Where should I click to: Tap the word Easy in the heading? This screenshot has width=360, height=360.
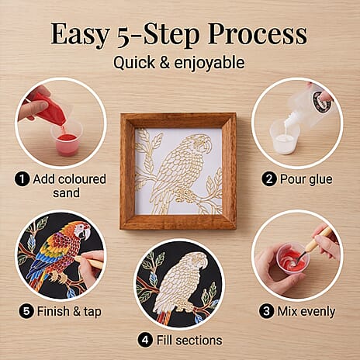click(80, 35)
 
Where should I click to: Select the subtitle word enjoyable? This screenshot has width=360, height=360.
click(209, 64)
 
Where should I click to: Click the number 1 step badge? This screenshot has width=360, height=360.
click(22, 179)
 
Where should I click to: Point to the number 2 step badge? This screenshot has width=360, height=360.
click(269, 179)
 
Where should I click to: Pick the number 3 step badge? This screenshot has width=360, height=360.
click(266, 311)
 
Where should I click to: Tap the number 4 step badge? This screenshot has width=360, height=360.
click(145, 340)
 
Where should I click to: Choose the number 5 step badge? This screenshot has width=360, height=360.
click(26, 311)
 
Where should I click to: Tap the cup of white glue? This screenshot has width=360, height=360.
click(285, 137)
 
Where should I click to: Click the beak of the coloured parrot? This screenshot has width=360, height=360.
click(86, 234)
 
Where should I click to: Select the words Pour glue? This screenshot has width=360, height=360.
click(306, 179)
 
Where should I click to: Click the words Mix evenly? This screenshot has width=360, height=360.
click(306, 311)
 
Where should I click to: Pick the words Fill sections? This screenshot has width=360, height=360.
click(189, 341)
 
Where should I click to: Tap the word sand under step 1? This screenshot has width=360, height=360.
click(66, 193)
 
